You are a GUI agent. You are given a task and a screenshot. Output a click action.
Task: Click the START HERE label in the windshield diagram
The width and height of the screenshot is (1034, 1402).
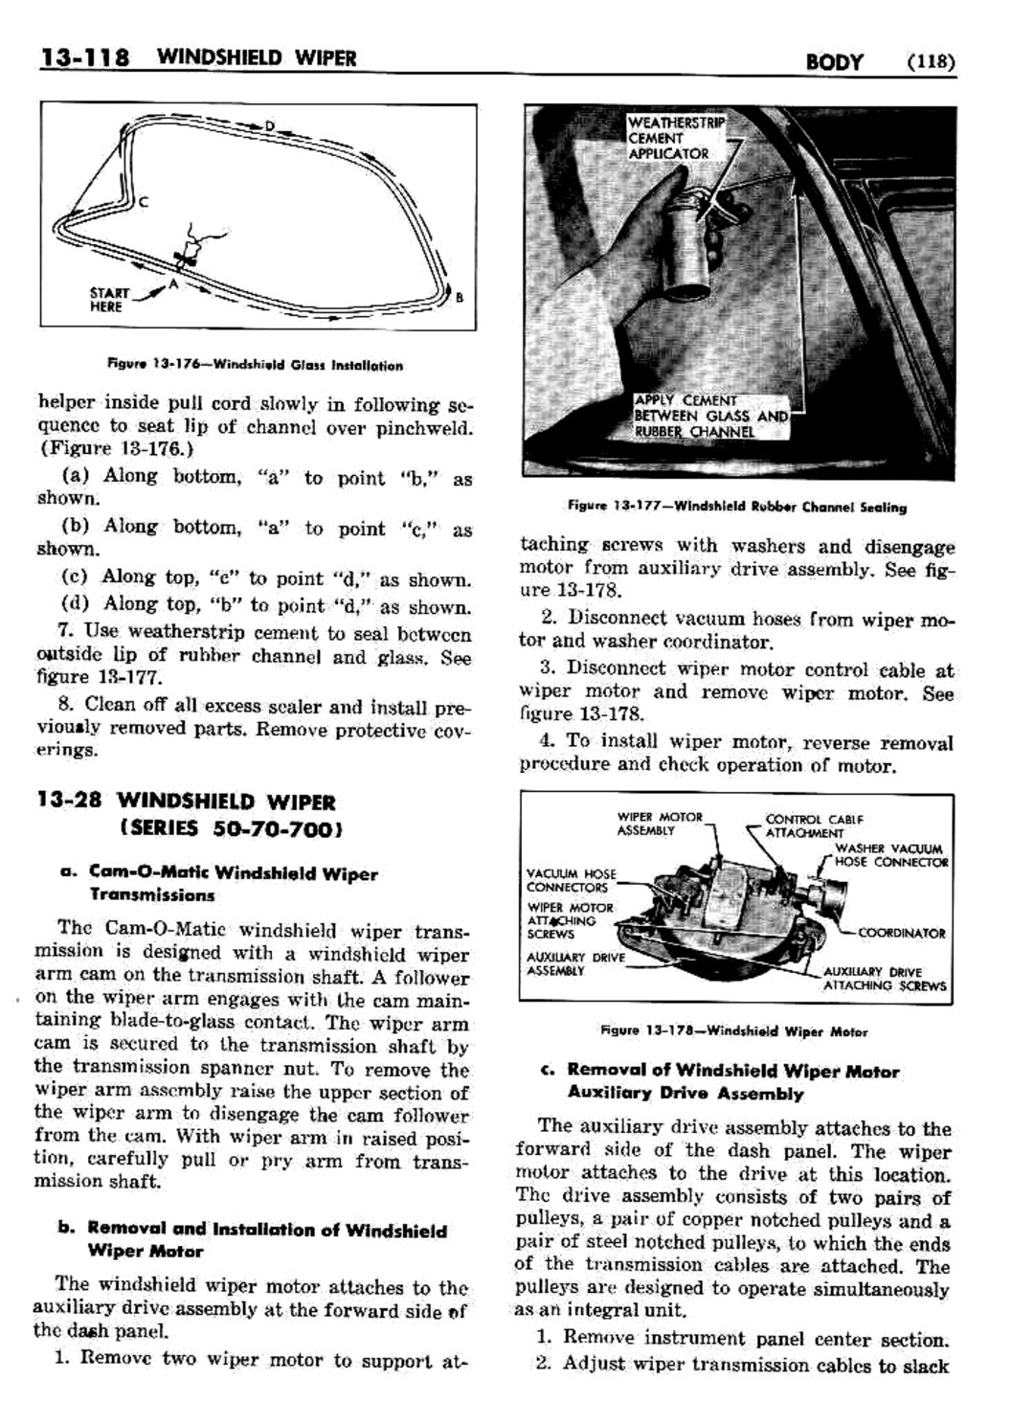click(x=106, y=300)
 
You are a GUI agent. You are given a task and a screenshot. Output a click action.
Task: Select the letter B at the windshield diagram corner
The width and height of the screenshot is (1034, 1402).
click(x=460, y=298)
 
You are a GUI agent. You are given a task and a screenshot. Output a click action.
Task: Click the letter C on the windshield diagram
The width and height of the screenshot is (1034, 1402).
click(x=143, y=201)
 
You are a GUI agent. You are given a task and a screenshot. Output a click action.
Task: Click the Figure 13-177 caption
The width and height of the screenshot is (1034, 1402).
click(x=736, y=507)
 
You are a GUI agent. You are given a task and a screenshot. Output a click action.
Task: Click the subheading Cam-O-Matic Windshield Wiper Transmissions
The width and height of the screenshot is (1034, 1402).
click(x=233, y=884)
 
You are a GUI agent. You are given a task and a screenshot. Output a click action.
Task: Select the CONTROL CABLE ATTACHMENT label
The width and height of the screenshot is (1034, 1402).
click(x=814, y=826)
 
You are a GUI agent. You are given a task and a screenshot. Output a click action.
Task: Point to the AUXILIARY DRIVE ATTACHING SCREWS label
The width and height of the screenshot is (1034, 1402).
click(x=884, y=979)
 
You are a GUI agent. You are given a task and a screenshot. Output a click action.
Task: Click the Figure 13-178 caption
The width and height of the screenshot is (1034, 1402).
click(x=733, y=1031)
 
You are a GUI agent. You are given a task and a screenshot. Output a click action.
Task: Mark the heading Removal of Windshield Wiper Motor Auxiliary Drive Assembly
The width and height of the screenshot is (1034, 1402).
click(x=732, y=1082)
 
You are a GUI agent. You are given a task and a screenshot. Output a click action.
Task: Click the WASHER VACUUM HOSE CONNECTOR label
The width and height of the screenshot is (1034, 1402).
click(x=890, y=855)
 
